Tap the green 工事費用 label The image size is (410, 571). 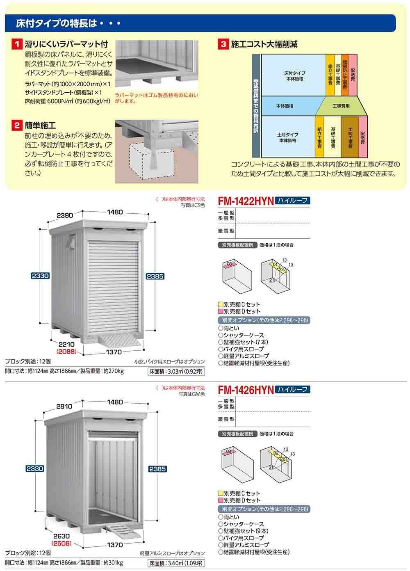(341, 106)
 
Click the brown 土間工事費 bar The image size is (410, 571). (350, 137)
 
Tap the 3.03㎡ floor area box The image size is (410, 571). (176, 372)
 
